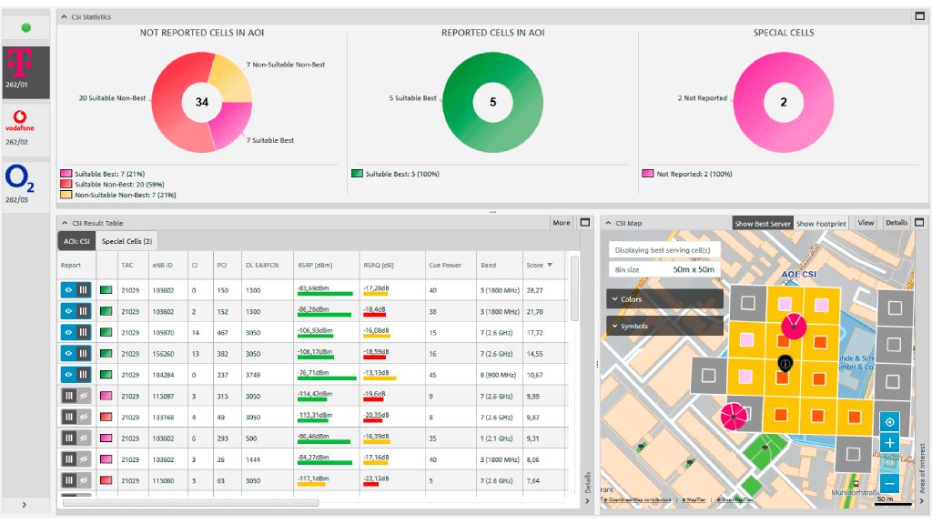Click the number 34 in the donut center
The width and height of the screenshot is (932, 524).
(202, 102)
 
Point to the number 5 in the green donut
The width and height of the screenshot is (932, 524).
(492, 102)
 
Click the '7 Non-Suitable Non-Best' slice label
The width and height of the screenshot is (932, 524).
(285, 65)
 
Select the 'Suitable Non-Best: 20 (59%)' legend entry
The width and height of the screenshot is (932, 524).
(109, 184)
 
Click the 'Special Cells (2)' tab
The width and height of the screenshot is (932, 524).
(127, 241)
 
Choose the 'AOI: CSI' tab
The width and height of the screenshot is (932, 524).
(76, 241)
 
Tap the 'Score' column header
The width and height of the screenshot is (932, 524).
(535, 266)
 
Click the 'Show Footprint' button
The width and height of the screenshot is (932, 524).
(821, 223)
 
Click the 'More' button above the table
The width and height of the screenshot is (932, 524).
(562, 223)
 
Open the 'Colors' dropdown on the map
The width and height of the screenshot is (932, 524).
(664, 299)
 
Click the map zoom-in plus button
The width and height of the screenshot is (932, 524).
(889, 443)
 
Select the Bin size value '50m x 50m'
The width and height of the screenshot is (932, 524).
(694, 270)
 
